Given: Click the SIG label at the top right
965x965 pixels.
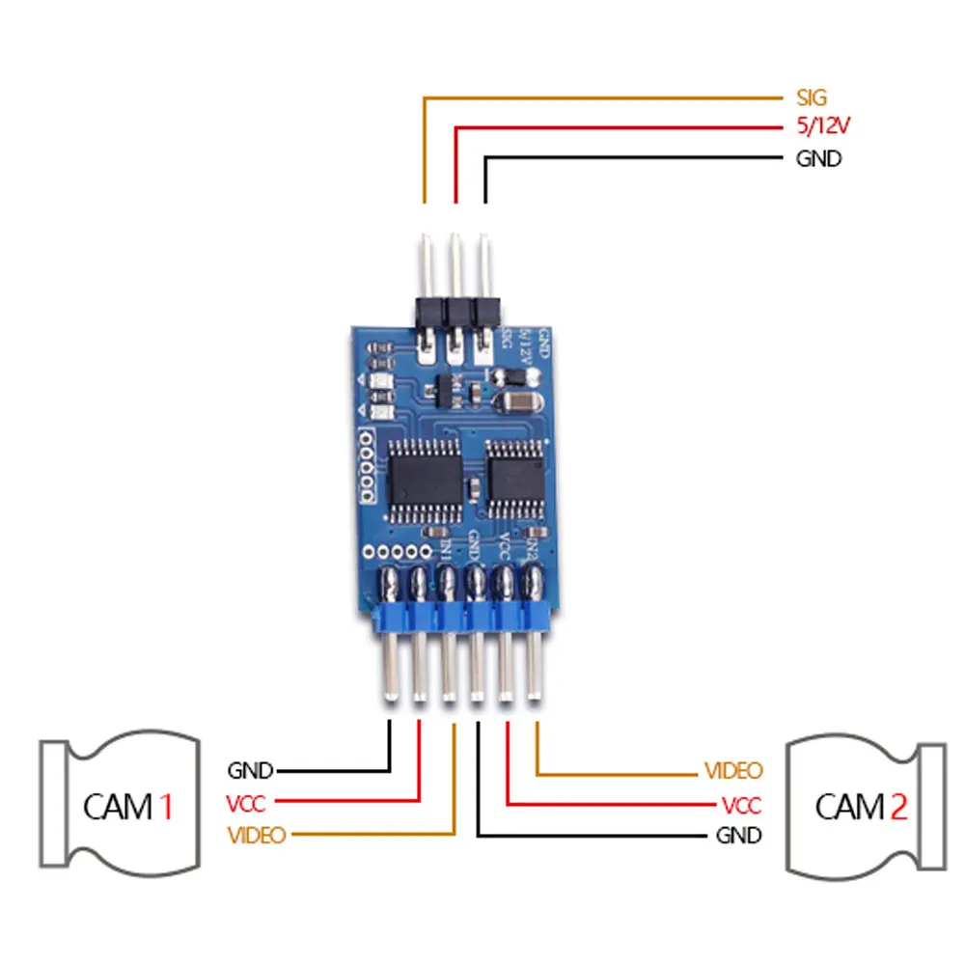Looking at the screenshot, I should pos(812,97).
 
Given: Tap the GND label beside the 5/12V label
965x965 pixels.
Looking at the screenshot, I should pos(818,159).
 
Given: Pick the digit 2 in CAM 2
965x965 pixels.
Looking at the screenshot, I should pos(897,806).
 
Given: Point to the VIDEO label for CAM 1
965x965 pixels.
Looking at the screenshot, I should pos(257,835).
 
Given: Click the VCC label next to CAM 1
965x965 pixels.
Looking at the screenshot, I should pos(245,803).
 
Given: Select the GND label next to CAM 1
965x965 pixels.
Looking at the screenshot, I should pos(250,771).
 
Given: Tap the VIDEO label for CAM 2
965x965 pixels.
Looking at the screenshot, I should pos(733,771).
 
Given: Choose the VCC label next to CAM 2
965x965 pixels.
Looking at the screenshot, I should pos(741,805).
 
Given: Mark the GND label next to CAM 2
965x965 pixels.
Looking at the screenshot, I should pos(738,835).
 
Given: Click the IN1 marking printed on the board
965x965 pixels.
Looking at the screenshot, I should pos(445,551).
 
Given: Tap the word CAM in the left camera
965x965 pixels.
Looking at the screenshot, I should pos(118,806).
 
